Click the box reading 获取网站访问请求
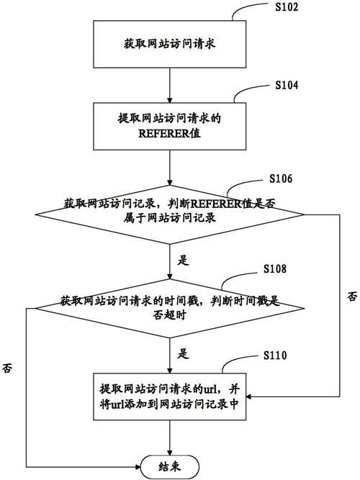168,43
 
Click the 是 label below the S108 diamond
183,353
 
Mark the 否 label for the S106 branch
351,296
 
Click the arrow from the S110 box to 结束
168,435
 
